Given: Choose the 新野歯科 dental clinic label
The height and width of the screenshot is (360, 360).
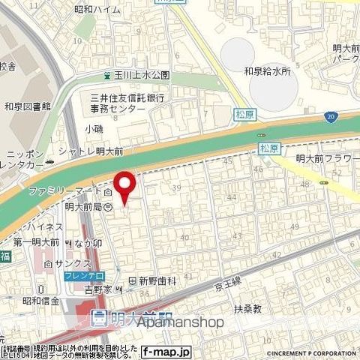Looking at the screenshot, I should [x=157, y=280].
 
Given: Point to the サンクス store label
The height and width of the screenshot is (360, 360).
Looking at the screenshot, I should [x=64, y=263].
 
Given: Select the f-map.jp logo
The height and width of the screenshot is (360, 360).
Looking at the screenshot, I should [x=166, y=350].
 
